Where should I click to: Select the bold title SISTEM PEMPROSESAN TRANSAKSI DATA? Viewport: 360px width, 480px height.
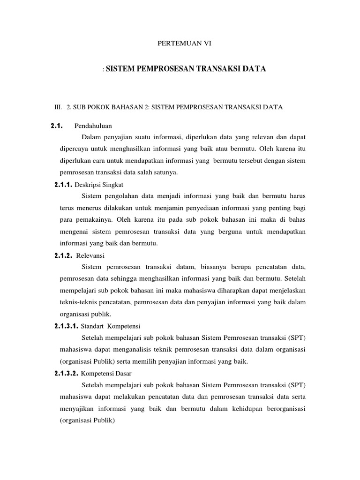[x=186, y=69]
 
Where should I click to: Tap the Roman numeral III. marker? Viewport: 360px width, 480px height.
[x=59, y=107]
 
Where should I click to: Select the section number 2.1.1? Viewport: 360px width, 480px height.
[x=65, y=184]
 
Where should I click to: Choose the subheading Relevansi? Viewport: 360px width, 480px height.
[x=93, y=255]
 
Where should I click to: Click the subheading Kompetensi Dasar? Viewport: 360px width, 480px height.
[x=106, y=374]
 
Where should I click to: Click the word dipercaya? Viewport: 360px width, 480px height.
[x=74, y=149]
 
